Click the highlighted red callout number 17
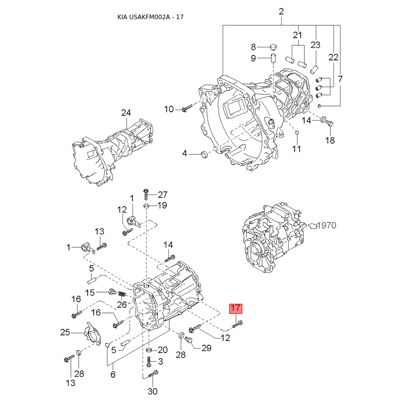click(x=236, y=308)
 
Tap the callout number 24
click(x=126, y=112)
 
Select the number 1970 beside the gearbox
click(x=326, y=225)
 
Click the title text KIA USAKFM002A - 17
click(x=150, y=17)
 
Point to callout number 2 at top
click(x=281, y=12)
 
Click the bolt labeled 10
click(x=187, y=108)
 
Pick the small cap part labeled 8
click(x=273, y=47)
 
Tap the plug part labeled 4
click(x=204, y=155)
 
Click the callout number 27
click(x=162, y=194)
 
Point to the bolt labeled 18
click(x=330, y=123)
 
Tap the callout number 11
click(x=296, y=149)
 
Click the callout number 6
click(x=113, y=374)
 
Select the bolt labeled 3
click(x=149, y=362)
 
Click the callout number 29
click(x=207, y=348)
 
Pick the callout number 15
click(x=90, y=293)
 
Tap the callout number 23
click(x=315, y=45)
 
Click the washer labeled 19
click(x=146, y=206)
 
